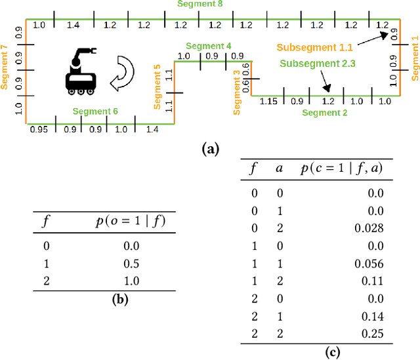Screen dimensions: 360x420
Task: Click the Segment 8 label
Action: pyautogui.click(x=199, y=4)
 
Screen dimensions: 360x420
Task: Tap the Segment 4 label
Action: pyautogui.click(x=208, y=46)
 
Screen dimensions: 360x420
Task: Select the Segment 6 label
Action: pyautogui.click(x=95, y=111)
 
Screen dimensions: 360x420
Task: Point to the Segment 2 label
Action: pyautogui.click(x=325, y=113)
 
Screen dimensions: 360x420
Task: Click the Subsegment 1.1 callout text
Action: pyautogui.click(x=314, y=48)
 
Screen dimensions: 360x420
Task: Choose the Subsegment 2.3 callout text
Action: pyautogui.click(x=318, y=64)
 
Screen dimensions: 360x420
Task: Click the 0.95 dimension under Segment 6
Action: pyautogui.click(x=39, y=130)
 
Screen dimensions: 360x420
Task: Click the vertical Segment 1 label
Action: pyautogui.click(x=415, y=58)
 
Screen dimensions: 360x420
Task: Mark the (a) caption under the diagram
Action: pyautogui.click(x=209, y=150)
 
